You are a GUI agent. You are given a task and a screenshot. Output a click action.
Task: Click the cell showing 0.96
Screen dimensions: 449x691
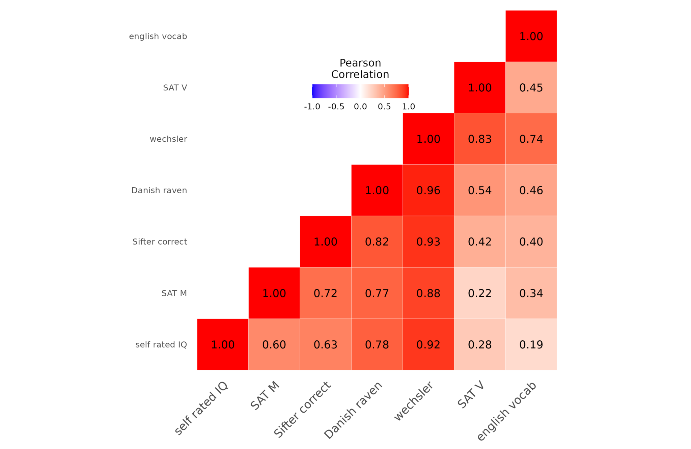[428, 190]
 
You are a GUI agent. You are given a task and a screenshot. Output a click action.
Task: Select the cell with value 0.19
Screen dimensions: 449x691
[531, 344]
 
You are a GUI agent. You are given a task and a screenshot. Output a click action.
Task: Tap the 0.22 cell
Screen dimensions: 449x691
[479, 293]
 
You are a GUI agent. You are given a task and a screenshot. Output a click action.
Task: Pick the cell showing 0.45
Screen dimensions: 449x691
[531, 88]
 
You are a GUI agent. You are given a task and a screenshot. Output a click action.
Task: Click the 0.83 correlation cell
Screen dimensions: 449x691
[479, 139]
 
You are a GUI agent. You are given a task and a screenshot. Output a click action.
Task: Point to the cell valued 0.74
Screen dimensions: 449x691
[531, 139]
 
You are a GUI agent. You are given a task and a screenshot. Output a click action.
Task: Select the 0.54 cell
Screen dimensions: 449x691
[479, 190]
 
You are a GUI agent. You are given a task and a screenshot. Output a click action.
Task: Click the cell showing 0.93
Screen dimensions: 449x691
[428, 242]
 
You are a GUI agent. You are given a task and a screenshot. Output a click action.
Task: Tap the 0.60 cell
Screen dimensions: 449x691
[274, 344]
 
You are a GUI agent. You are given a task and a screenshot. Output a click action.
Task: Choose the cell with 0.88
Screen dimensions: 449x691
[428, 293]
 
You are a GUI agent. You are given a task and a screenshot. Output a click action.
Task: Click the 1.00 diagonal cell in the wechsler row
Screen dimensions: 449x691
[428, 139]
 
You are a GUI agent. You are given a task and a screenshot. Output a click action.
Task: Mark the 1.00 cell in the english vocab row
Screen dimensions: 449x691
[531, 36]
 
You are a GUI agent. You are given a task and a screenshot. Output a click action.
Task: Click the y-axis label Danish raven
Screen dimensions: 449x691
[159, 190]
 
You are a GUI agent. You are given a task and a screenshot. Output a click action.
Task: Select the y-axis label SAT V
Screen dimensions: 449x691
[175, 88]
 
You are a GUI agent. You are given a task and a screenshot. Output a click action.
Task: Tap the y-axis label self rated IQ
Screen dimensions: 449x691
[161, 344]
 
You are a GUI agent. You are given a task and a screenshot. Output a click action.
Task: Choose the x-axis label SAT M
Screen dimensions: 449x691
[265, 395]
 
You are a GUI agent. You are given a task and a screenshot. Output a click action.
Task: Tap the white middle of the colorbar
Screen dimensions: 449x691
[360, 91]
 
